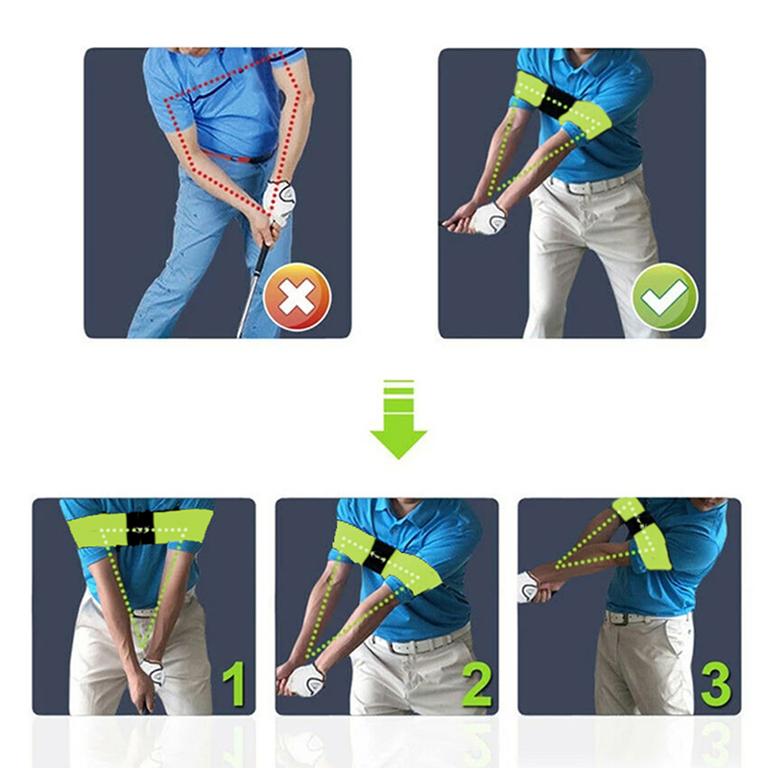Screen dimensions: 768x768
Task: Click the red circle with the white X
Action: tap(298, 297)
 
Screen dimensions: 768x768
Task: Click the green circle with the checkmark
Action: tap(664, 297)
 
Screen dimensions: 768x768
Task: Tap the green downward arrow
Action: tap(398, 420)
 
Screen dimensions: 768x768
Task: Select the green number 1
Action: tap(234, 684)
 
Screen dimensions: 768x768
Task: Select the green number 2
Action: tap(477, 684)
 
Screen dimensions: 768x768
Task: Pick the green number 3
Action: tap(716, 684)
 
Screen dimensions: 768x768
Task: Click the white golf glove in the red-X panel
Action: tap(278, 203)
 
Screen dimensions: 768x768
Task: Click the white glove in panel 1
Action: tap(154, 671)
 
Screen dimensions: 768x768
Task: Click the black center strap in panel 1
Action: tap(141, 529)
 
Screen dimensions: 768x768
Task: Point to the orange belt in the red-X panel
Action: tap(238, 157)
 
